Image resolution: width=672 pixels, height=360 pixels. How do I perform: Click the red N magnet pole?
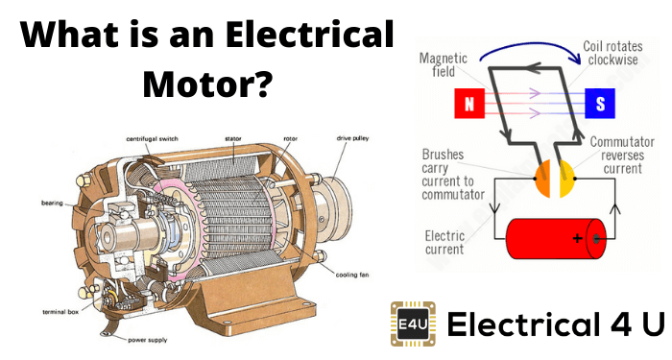(469, 104)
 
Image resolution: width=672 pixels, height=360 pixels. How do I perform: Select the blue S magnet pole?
(600, 104)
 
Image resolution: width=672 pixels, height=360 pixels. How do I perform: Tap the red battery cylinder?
(556, 239)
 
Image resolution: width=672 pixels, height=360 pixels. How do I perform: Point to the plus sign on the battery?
(577, 238)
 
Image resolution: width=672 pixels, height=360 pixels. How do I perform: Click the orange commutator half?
(543, 179)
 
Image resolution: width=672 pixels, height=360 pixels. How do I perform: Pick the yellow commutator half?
(566, 179)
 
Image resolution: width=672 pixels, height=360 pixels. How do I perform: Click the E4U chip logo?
(413, 324)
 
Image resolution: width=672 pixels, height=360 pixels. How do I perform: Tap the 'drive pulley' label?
(352, 138)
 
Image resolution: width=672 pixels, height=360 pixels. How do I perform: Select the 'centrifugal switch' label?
(152, 139)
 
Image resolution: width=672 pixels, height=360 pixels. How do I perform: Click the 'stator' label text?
(233, 139)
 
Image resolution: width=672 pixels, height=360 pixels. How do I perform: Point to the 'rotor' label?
(290, 139)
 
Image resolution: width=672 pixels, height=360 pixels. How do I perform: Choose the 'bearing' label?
(52, 204)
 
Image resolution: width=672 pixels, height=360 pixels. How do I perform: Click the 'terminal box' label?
(60, 312)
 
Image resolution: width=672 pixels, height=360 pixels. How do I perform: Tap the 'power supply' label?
(148, 340)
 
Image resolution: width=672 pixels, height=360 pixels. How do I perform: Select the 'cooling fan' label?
(352, 275)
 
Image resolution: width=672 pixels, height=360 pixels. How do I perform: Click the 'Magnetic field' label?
(444, 64)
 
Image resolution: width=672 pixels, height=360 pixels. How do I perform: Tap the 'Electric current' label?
(444, 243)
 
